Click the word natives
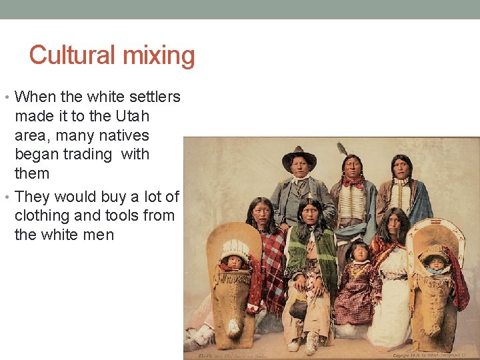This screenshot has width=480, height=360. (123, 135)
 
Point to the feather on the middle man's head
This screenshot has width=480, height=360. (343, 148)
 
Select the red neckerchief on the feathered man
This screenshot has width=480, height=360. (351, 181)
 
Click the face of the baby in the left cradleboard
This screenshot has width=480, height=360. (235, 261)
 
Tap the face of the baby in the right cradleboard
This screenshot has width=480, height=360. (437, 262)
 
